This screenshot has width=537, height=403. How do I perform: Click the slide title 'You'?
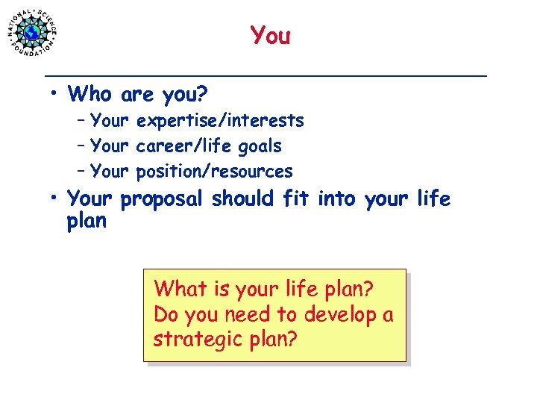[270, 35]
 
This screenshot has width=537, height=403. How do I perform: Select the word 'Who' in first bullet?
[91, 95]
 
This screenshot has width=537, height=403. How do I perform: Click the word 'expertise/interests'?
[220, 121]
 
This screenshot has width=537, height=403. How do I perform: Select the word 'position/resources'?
[215, 172]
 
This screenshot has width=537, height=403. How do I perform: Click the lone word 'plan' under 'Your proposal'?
[87, 222]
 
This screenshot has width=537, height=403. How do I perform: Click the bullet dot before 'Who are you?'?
[55, 94]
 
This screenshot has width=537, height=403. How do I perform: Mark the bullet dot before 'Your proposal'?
[55, 199]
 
